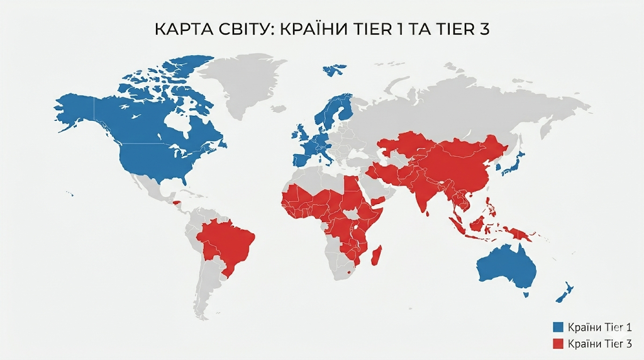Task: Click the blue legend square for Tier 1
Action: click(557, 327)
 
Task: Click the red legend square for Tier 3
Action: click(557, 344)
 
